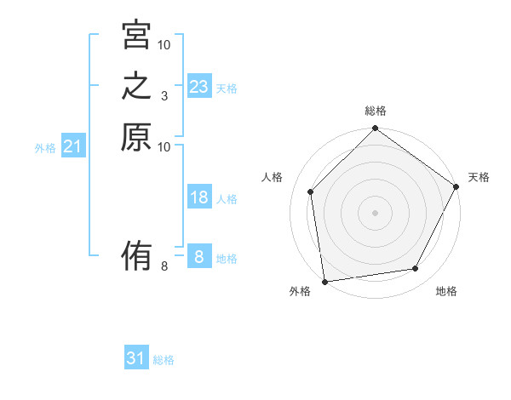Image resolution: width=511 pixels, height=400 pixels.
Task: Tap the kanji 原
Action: click(x=136, y=138)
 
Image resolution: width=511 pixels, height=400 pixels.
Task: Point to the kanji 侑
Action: click(x=136, y=256)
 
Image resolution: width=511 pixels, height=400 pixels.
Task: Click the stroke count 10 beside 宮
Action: click(x=164, y=44)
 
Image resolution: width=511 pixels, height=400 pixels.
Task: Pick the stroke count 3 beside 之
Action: click(x=164, y=96)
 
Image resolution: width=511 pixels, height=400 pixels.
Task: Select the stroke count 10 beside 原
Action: click(x=164, y=147)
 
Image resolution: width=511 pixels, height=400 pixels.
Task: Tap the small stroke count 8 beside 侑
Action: click(x=164, y=266)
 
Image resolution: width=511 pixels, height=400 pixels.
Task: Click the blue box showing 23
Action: click(x=199, y=87)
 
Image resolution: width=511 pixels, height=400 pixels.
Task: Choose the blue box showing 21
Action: click(x=73, y=146)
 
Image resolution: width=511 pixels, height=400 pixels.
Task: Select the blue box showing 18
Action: click(x=199, y=197)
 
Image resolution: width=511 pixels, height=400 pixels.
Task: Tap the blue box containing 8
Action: click(x=199, y=257)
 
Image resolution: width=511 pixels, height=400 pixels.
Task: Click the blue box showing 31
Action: click(x=136, y=358)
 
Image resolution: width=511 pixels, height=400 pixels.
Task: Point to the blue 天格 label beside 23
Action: click(x=227, y=89)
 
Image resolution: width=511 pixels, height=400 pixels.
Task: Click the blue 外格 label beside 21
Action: click(x=45, y=148)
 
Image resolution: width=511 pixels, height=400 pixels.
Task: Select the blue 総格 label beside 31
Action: click(x=164, y=360)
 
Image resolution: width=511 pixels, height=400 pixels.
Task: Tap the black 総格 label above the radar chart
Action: click(x=376, y=111)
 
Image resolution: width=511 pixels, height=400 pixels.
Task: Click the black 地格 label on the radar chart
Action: click(x=446, y=292)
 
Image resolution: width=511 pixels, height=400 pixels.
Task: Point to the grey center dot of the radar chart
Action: click(x=375, y=212)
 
